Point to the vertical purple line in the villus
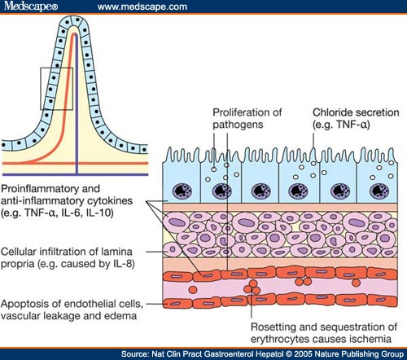[77, 122]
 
